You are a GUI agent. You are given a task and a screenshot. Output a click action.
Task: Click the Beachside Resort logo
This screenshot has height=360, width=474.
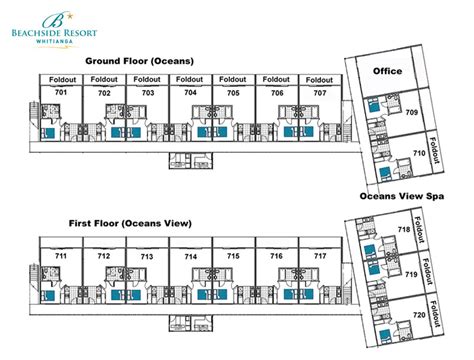coord(54,29)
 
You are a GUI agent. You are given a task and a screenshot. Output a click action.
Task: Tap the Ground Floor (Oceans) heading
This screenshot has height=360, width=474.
coord(139,61)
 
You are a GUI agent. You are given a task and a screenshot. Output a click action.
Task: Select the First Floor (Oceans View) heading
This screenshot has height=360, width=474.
coord(130,223)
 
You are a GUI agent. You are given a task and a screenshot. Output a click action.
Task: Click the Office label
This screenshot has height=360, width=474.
coord(387,71)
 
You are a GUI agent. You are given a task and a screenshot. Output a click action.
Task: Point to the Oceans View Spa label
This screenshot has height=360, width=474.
coord(402,196)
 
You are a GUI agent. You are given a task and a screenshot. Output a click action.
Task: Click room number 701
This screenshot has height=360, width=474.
coord(61,92)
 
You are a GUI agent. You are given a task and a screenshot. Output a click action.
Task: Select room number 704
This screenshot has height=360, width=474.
coord(190,92)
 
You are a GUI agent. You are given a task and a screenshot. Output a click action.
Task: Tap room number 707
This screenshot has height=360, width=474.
coord(320,93)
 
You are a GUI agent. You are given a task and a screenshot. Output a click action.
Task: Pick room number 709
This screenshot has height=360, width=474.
coord(412,112)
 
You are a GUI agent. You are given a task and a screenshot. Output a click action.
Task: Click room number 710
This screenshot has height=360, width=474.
coord(419,153)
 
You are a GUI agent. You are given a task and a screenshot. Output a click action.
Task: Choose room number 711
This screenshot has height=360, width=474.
coord(61,256)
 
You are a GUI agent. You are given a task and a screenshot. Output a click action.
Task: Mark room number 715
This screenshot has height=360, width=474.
coord(233,256)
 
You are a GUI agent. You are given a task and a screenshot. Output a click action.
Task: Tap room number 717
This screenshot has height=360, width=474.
coord(320,256)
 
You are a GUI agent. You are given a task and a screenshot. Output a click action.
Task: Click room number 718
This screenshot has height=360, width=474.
coord(404,229)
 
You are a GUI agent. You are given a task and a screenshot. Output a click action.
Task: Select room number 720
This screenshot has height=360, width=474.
coord(419,315)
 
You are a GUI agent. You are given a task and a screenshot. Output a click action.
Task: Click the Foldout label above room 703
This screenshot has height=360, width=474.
coord(147,79)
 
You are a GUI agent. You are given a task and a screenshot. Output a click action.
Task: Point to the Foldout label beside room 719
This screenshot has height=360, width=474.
coord(427,271)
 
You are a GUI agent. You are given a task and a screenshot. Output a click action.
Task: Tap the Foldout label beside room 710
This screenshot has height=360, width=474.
coord(434,150)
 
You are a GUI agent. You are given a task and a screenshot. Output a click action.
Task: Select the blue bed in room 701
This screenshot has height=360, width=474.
coord(48,133)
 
